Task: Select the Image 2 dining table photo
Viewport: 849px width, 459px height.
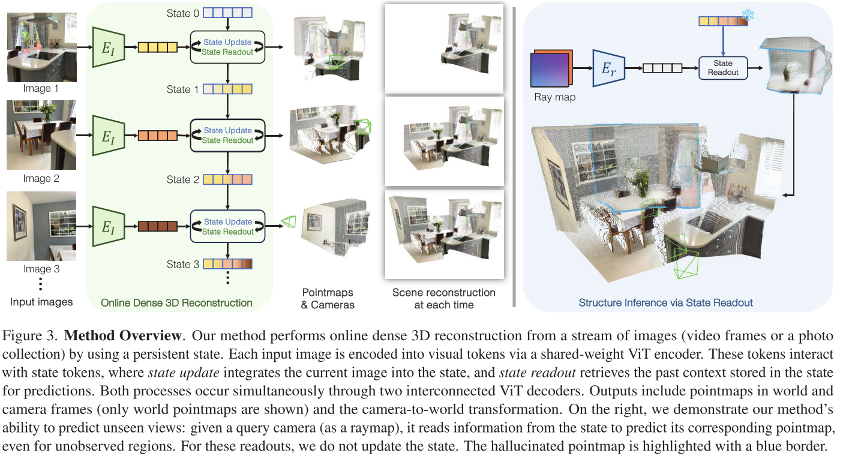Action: coord(41,135)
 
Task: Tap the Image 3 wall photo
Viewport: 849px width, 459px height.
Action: coord(41,226)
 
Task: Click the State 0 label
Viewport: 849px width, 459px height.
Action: coord(182,12)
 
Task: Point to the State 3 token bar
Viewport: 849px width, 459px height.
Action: coord(228,264)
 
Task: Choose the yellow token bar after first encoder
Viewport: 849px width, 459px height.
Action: coord(157,47)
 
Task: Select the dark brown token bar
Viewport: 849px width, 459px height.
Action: coord(157,226)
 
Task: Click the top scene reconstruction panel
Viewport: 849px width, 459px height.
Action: coord(444,48)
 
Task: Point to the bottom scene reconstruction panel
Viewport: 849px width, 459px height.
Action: coord(444,233)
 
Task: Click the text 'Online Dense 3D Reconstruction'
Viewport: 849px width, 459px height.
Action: coord(176,302)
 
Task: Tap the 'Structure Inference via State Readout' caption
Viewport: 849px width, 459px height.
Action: coord(665,302)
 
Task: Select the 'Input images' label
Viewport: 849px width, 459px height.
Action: coord(41,302)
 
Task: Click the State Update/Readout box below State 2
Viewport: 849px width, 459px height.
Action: coord(227,226)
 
